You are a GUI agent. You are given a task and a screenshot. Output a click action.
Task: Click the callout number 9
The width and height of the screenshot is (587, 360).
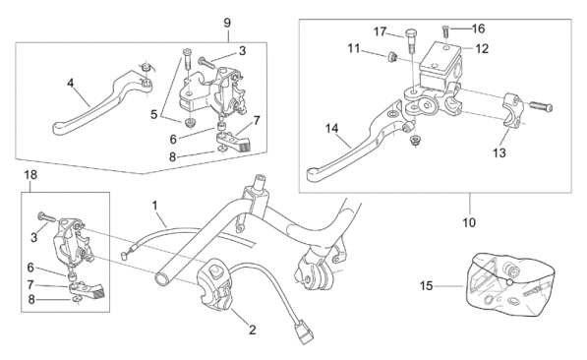pos(227,23)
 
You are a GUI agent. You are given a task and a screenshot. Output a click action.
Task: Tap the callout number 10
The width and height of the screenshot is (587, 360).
pos(469,222)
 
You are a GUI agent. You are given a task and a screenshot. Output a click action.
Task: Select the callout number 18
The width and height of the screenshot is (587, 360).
pos(30,174)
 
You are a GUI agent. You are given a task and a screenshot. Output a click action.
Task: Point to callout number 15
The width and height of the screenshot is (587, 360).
pos(426,286)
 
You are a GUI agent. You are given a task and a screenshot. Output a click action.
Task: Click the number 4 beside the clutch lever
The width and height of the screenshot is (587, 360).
pos(71,84)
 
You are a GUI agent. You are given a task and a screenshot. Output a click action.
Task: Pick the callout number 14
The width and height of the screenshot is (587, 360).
pos(331,129)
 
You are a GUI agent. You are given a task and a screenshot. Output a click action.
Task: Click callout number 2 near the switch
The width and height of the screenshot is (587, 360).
pos(253,330)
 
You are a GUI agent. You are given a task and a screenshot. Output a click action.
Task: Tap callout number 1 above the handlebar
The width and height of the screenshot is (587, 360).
pos(154,206)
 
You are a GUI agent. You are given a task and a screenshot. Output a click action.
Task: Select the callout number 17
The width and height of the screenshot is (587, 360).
pos(380,31)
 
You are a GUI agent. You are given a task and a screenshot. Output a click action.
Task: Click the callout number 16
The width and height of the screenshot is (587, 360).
pos(479,29)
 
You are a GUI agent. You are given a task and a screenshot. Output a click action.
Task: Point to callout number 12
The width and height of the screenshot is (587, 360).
pos(482,49)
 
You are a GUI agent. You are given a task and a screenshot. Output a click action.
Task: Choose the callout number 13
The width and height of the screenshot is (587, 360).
pos(499,152)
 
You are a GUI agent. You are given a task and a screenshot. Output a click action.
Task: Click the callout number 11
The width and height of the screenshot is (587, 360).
pos(354,49)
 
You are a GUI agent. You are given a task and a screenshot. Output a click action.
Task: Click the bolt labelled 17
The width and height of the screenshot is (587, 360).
pos(410,40)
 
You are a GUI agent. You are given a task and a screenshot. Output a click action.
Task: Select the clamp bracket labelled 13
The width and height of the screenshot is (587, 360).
pos(510,110)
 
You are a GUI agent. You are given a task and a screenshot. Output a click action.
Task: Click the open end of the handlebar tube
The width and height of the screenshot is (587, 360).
pos(163,278)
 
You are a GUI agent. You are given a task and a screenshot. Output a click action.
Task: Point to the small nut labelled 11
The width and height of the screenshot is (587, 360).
pos(391,57)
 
